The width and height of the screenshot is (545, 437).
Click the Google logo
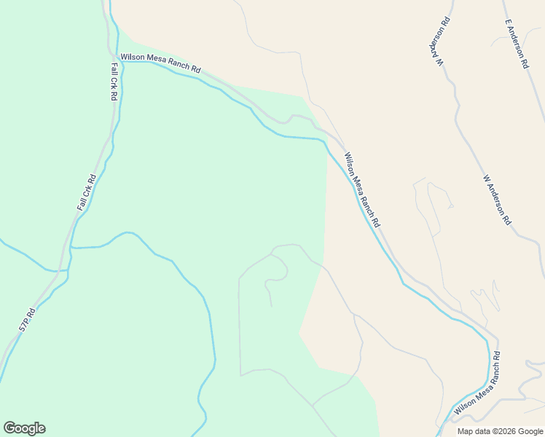click(24, 428)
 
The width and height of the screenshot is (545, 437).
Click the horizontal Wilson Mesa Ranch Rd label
click(160, 62)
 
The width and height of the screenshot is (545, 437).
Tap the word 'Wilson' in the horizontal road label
click(133, 57)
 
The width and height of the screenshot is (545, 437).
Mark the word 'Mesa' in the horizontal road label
click(157, 60)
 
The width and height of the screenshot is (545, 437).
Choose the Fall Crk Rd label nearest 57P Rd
click(86, 192)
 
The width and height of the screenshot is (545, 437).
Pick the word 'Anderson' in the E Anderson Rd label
click(517, 44)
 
